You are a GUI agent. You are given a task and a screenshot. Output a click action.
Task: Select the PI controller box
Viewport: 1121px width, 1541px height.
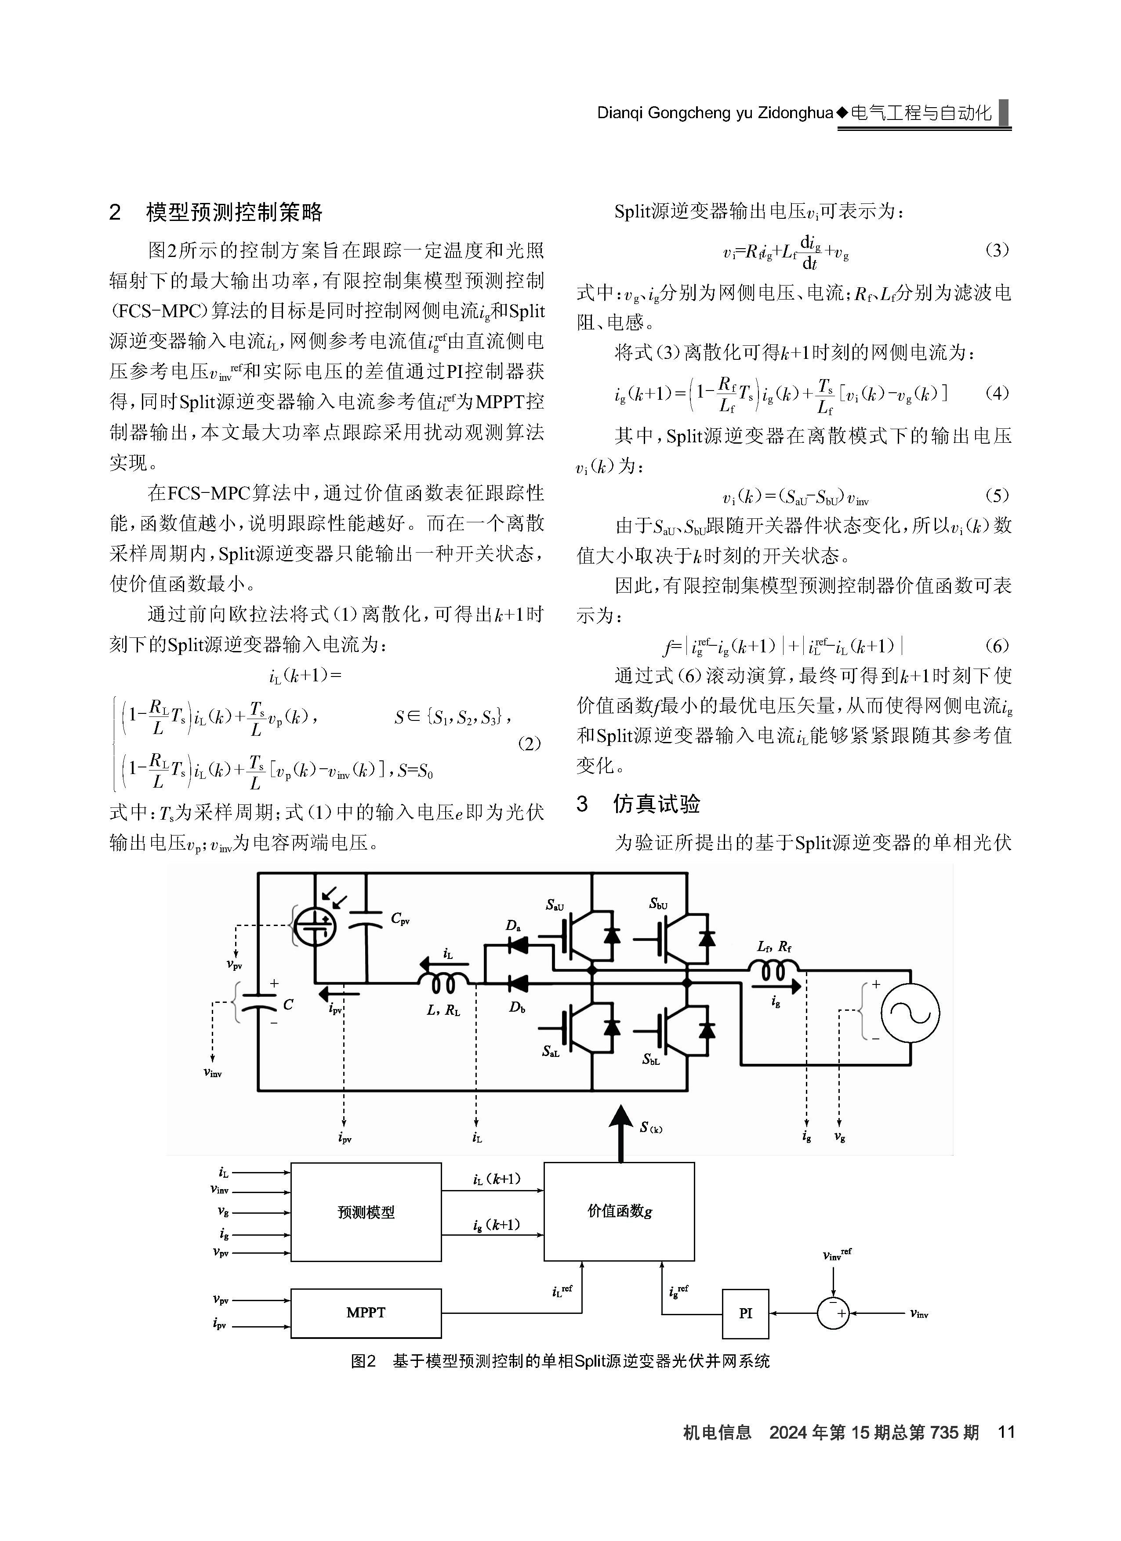pyautogui.click(x=745, y=1313)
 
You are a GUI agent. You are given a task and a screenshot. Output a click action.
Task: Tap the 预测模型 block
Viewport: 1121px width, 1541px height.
pyautogui.click(x=366, y=1212)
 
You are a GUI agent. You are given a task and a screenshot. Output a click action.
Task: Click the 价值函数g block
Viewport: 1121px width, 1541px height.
pyautogui.click(x=619, y=1212)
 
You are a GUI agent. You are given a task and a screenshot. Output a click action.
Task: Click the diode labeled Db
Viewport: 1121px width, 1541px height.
pyautogui.click(x=519, y=983)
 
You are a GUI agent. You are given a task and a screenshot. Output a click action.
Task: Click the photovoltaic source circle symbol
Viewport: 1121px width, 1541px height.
pyautogui.click(x=316, y=925)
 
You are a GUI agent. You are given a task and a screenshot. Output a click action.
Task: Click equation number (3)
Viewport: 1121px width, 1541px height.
pyautogui.click(x=997, y=250)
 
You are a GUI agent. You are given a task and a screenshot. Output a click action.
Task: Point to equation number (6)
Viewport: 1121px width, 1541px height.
pyautogui.click(x=997, y=645)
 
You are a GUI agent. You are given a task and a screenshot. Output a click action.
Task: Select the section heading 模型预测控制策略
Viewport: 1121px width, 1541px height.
pyautogui.click(x=235, y=213)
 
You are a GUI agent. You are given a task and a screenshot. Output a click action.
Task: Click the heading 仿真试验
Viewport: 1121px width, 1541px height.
pyautogui.click(x=657, y=804)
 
